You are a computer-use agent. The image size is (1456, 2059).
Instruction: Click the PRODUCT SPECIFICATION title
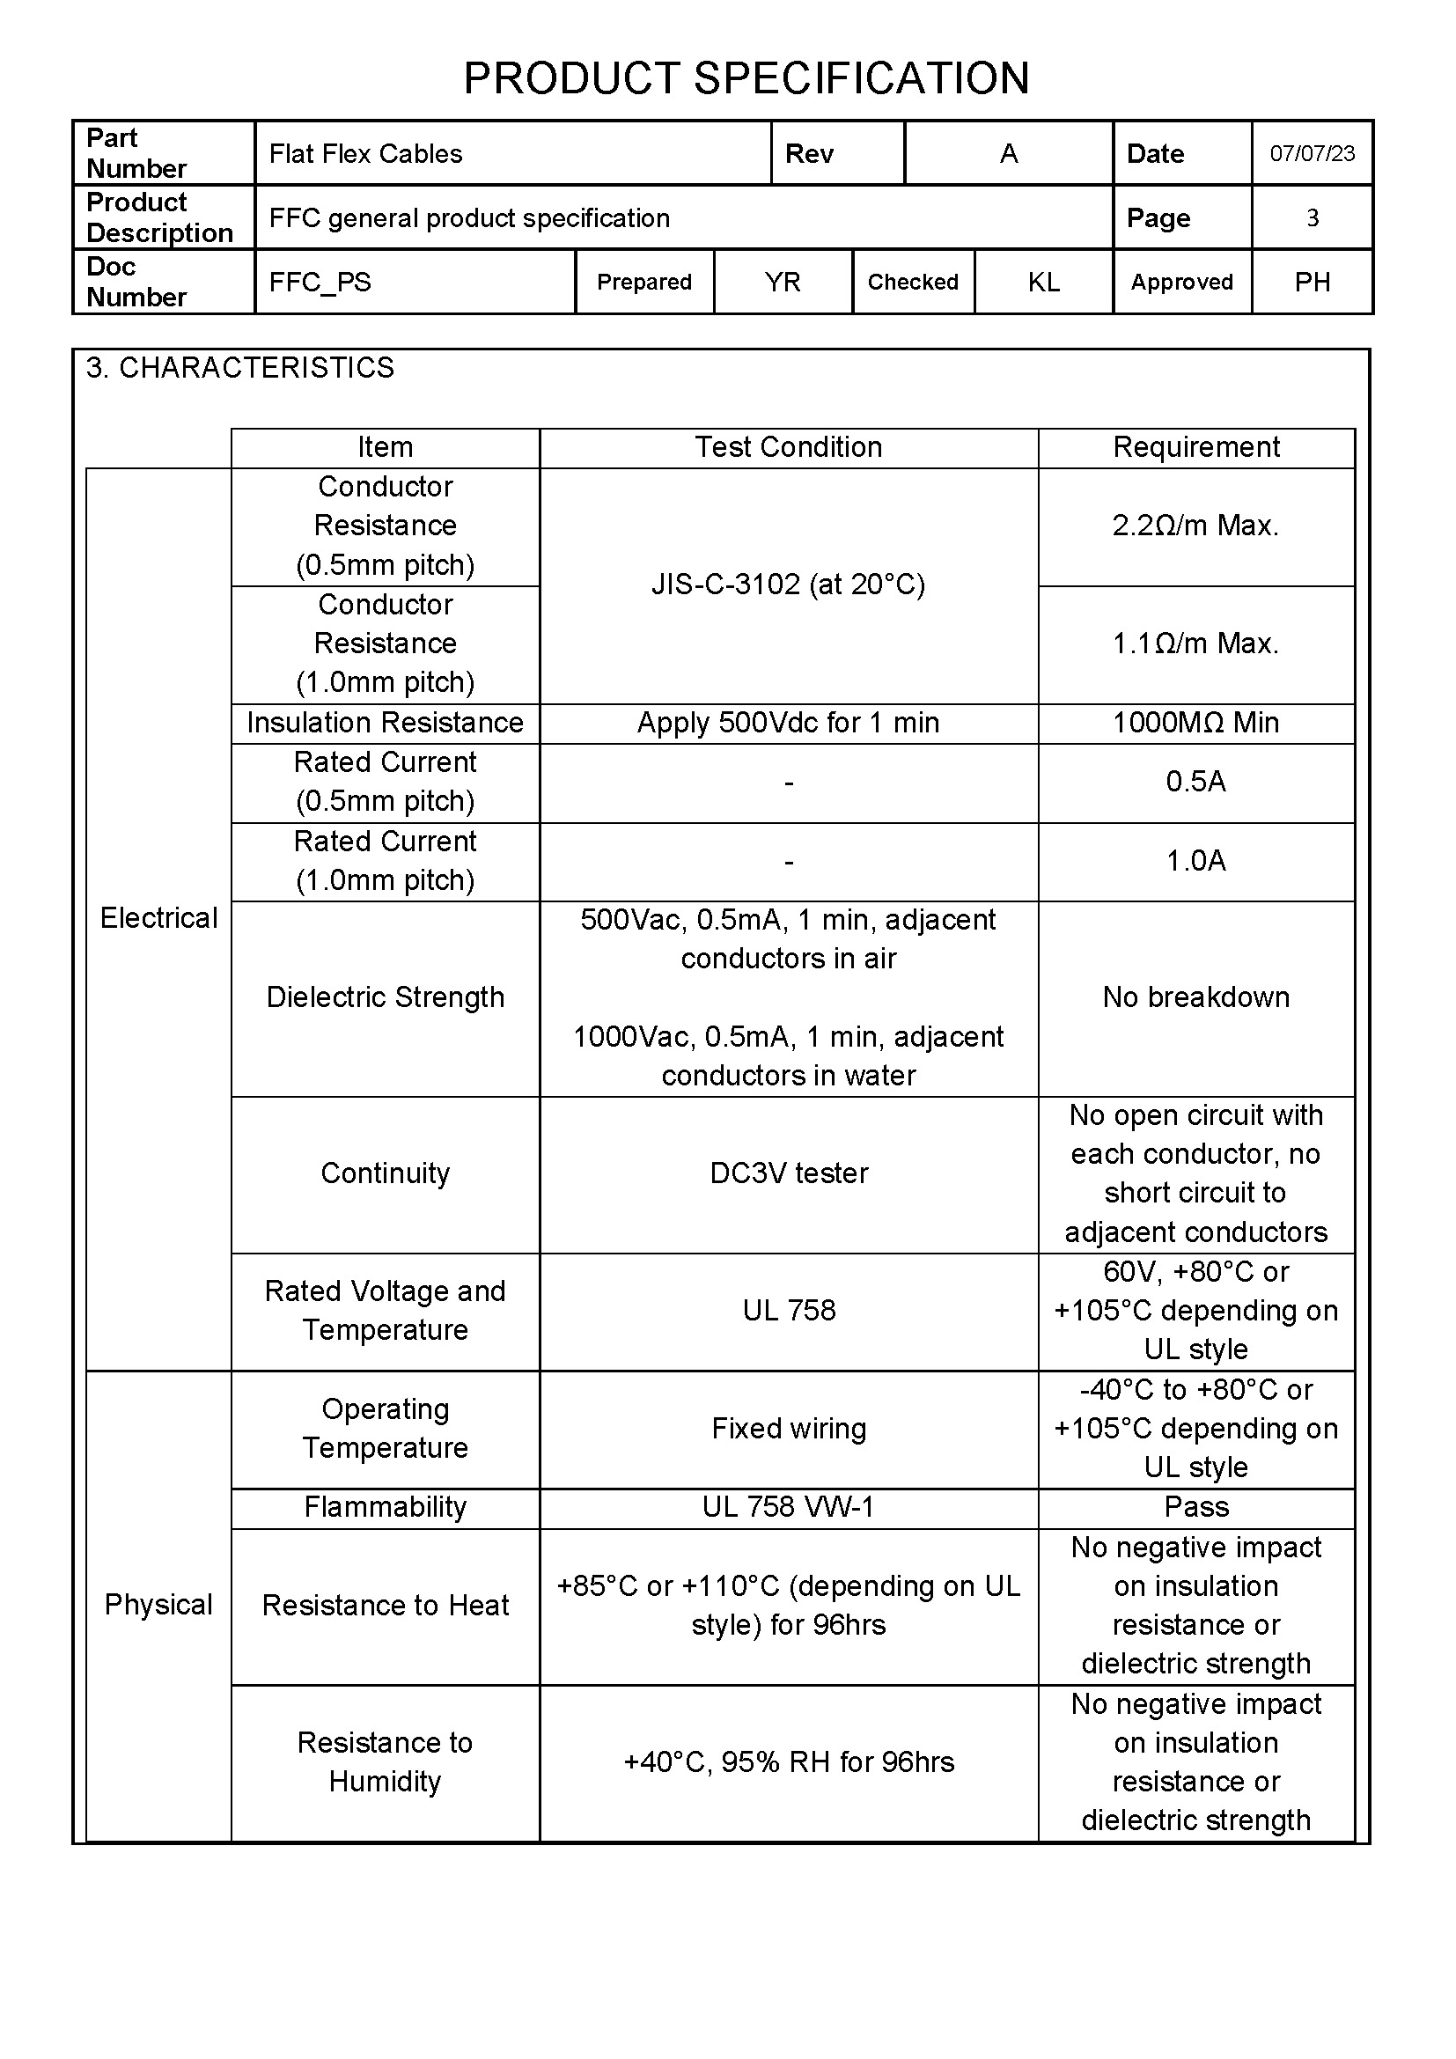click(x=746, y=79)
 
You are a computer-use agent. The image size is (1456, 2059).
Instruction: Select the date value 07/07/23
click(x=1312, y=153)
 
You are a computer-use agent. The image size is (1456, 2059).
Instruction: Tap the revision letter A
click(x=1009, y=154)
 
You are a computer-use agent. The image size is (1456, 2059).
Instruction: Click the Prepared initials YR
click(x=782, y=283)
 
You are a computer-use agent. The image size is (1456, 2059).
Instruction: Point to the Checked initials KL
click(x=1044, y=283)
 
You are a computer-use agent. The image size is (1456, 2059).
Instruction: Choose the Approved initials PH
click(x=1312, y=283)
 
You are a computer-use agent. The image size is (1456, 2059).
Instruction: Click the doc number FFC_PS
click(x=320, y=283)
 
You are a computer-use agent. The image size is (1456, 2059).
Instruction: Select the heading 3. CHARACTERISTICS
click(x=239, y=368)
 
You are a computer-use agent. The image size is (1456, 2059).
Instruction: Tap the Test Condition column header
click(x=788, y=447)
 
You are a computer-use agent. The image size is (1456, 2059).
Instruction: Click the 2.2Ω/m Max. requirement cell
click(x=1195, y=526)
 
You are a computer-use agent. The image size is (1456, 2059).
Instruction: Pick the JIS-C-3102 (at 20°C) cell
click(x=788, y=585)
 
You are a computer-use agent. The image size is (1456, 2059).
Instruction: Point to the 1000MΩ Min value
click(x=1195, y=723)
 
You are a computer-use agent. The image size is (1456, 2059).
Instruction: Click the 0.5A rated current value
click(x=1195, y=782)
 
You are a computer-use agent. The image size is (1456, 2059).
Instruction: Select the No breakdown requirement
click(x=1195, y=997)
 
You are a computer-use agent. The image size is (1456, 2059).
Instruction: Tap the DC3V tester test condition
click(x=788, y=1173)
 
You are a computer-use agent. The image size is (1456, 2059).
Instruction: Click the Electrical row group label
click(x=158, y=918)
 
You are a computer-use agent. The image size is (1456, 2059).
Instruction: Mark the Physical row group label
click(x=158, y=1605)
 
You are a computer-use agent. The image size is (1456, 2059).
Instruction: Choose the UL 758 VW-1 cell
click(x=788, y=1507)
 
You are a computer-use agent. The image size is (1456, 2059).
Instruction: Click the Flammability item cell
click(x=385, y=1507)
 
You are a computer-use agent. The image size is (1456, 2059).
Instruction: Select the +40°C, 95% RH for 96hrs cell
click(x=788, y=1762)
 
